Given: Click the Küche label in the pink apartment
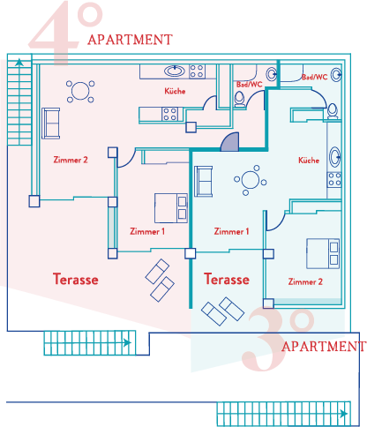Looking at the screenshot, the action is [175, 91].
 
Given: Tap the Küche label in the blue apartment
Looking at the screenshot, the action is [309, 161].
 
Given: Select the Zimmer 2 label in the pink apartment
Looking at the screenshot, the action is [71, 160].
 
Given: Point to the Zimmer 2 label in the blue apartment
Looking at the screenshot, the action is [305, 281].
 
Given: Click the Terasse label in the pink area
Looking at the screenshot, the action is [76, 279].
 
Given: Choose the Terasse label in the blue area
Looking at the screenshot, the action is [227, 279].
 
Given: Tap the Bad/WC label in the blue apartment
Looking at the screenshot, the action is [314, 77].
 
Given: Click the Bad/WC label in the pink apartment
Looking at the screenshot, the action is [249, 85].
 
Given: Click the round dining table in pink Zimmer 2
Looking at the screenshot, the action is [80, 91].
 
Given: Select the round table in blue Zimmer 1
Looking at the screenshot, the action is [251, 180].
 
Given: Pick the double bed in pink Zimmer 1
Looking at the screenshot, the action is [171, 208].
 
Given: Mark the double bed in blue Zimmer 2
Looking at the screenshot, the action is [323, 253].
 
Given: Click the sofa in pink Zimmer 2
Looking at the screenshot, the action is [51, 124].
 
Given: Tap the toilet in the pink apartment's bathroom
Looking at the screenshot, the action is [240, 99].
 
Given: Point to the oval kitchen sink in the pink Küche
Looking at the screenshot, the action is [175, 71].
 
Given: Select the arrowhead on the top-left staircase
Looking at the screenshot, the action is [19, 62].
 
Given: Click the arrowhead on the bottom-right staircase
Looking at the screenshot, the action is [343, 414].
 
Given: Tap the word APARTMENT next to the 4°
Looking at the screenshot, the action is [130, 40].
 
